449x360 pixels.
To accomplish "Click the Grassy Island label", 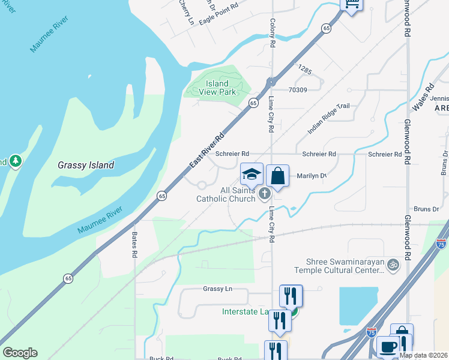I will tap(86, 165).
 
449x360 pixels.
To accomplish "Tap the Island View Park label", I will tap(217, 88).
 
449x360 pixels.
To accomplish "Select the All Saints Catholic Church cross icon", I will tap(264, 194).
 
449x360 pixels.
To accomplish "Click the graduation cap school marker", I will tap(252, 175).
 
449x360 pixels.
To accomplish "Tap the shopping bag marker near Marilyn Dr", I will tap(277, 176).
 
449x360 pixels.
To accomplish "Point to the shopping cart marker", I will tap(352, 5).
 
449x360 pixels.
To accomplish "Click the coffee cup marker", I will tap(388, 347).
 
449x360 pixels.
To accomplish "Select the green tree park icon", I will tap(16, 161).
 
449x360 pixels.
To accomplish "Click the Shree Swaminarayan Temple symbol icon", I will tap(393, 264).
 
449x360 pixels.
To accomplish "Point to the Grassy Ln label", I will tap(217, 289).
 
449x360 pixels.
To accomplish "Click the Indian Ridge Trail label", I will tap(328, 118).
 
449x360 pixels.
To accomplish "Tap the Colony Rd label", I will tap(272, 32).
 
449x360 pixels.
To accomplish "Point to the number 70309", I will tap(298, 90).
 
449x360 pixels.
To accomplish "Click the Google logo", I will tap(20, 353).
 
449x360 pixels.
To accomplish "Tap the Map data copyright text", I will tap(424, 355).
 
